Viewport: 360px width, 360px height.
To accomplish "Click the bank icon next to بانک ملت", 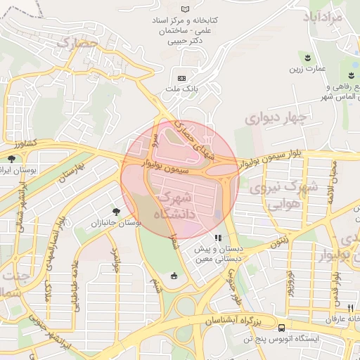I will point(182,77).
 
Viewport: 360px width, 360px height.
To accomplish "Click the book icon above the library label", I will point(185,8).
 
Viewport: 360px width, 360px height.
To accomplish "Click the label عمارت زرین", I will point(307,69).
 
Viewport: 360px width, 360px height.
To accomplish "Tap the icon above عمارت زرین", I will point(307,56).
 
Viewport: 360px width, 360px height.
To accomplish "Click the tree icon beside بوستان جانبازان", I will point(115,210).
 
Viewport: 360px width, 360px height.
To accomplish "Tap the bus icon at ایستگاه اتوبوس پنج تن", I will point(281,328).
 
